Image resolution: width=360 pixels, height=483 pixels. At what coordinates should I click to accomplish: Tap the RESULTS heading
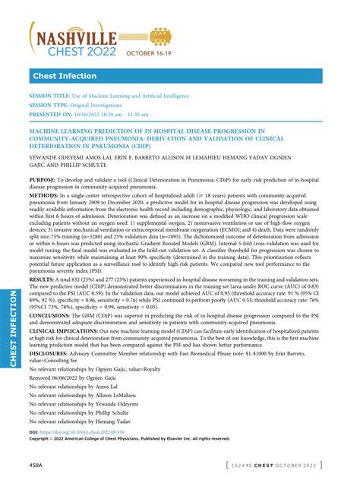pos(42,280)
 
